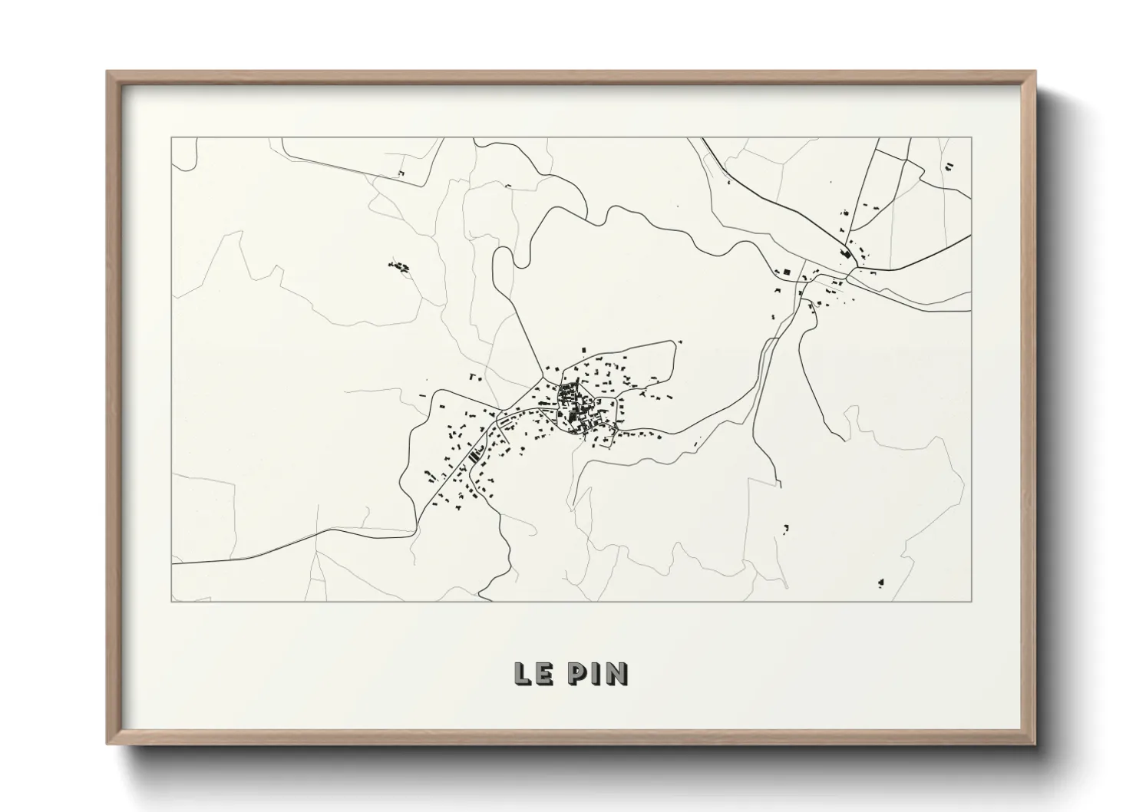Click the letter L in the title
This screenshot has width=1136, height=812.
click(522, 673)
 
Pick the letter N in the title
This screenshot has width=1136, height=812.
click(616, 673)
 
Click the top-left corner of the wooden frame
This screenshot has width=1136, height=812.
click(107, 72)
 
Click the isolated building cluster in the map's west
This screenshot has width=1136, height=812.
click(398, 266)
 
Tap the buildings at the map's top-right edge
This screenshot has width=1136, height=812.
click(949, 165)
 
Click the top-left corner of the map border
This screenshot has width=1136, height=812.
click(172, 138)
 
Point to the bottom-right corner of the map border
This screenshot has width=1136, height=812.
click(971, 601)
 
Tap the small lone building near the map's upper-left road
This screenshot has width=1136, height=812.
click(401, 173)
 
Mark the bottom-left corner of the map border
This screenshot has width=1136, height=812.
click(172, 601)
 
